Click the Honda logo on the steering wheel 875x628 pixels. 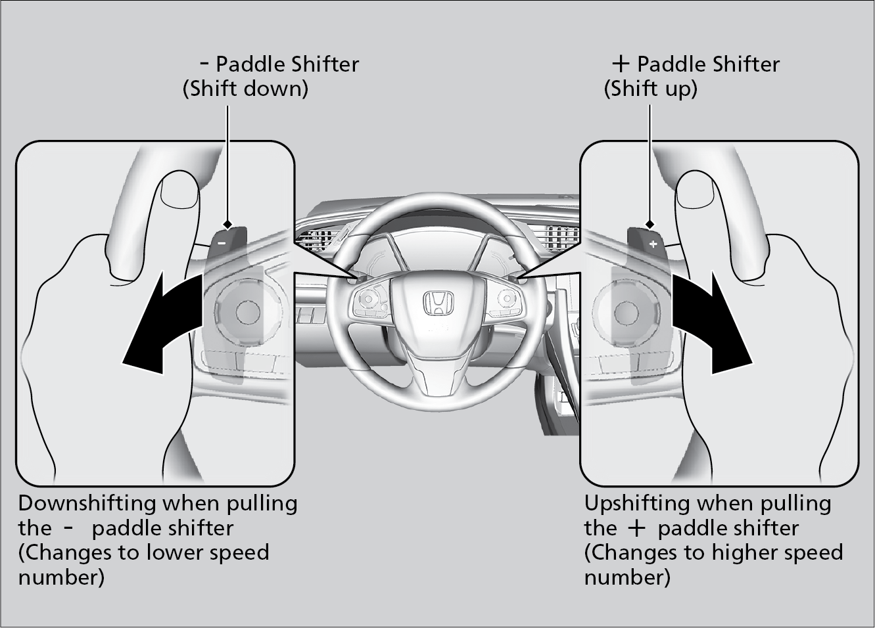(x=437, y=303)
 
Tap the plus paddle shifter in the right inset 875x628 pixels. (x=647, y=241)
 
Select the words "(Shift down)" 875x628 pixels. (x=245, y=89)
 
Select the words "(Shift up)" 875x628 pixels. (x=650, y=89)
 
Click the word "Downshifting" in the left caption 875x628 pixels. (x=87, y=504)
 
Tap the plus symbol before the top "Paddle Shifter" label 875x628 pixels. (x=620, y=64)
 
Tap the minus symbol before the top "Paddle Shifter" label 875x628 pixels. (x=204, y=64)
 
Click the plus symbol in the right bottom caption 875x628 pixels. (x=636, y=529)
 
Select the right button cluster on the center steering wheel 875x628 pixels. (x=507, y=302)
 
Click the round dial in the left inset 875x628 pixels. (x=247, y=311)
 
